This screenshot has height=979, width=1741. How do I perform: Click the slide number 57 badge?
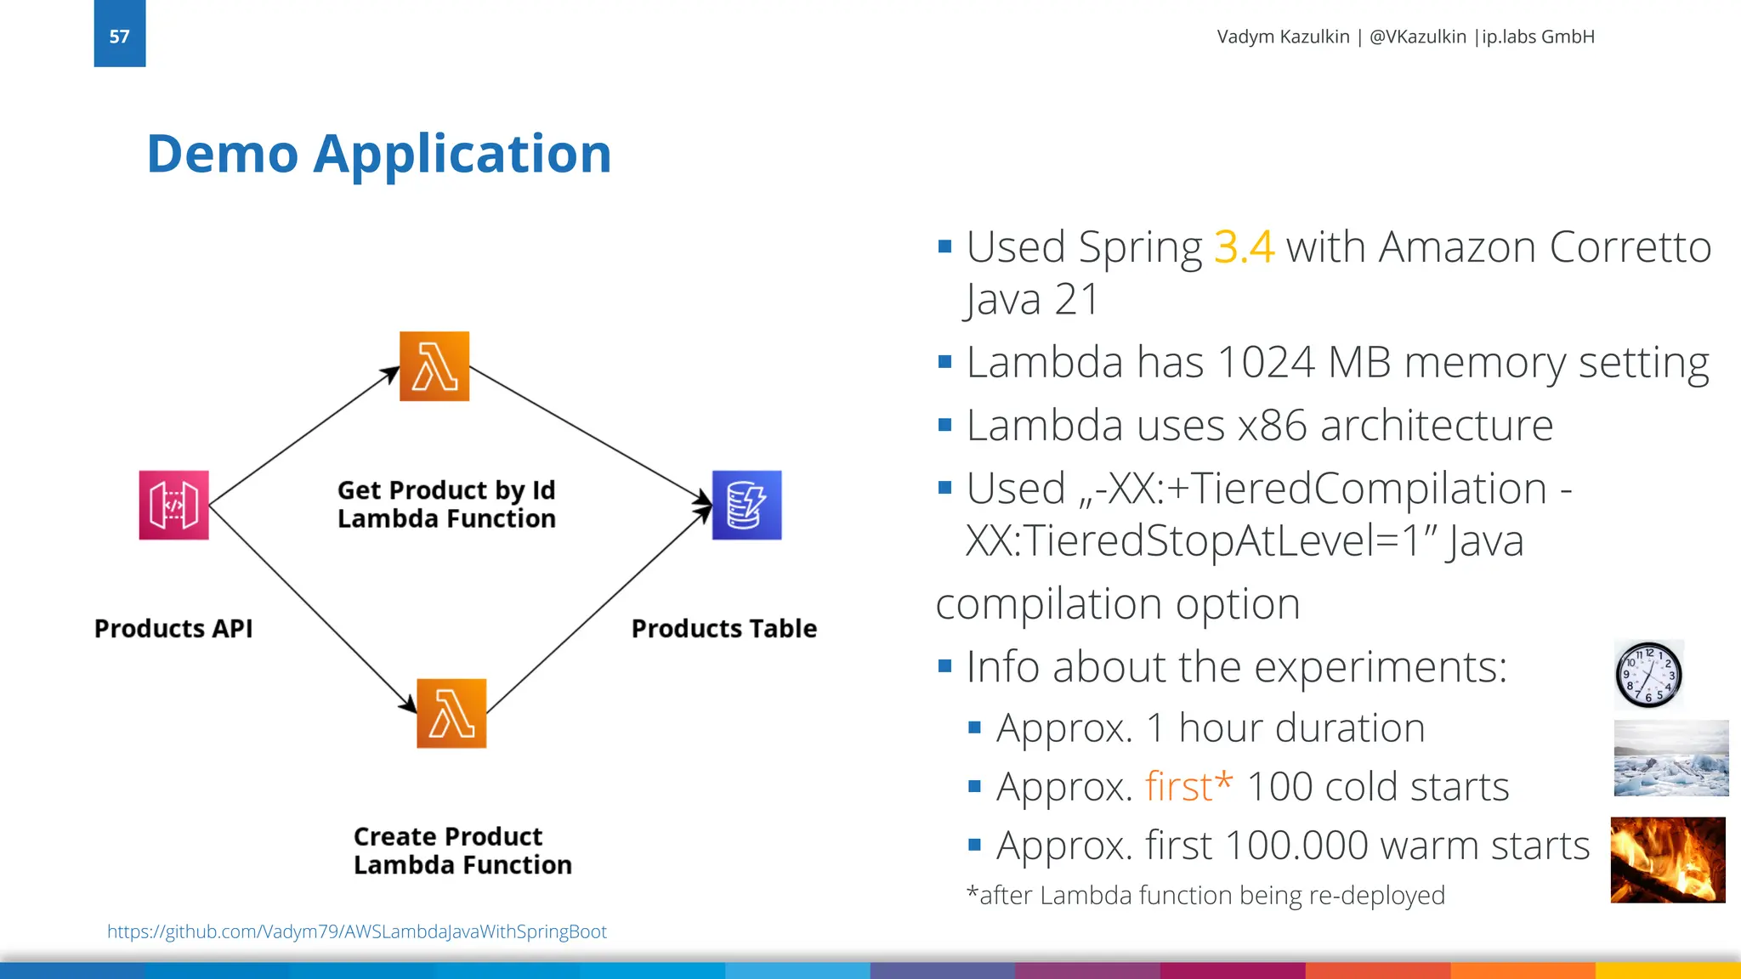click(x=120, y=35)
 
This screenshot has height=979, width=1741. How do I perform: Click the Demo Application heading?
click(x=379, y=154)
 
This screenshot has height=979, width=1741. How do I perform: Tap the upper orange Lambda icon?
click(x=434, y=366)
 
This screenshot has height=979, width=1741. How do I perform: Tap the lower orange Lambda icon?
click(x=451, y=713)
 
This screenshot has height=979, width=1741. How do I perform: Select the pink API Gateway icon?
click(x=174, y=505)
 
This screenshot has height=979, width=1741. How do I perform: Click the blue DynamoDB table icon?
click(x=746, y=505)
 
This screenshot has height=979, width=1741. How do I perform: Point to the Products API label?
click(x=173, y=628)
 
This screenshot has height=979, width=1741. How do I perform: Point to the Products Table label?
click(x=723, y=628)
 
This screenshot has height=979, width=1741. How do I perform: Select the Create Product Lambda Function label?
click(x=462, y=851)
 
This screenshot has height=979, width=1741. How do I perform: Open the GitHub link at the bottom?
click(x=357, y=931)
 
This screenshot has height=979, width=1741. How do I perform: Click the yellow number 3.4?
click(x=1244, y=247)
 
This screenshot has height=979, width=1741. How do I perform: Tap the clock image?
click(x=1648, y=675)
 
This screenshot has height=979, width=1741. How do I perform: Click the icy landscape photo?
click(x=1670, y=758)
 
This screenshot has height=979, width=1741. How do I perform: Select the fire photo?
click(x=1667, y=859)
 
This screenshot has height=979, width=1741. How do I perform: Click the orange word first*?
click(x=1188, y=786)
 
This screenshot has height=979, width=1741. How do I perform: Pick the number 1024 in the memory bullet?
click(x=1266, y=362)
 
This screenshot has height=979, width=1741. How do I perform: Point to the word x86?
click(x=1273, y=425)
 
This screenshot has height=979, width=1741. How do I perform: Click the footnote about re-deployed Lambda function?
click(x=1205, y=895)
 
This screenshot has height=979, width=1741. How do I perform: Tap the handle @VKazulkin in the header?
click(x=1417, y=37)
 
